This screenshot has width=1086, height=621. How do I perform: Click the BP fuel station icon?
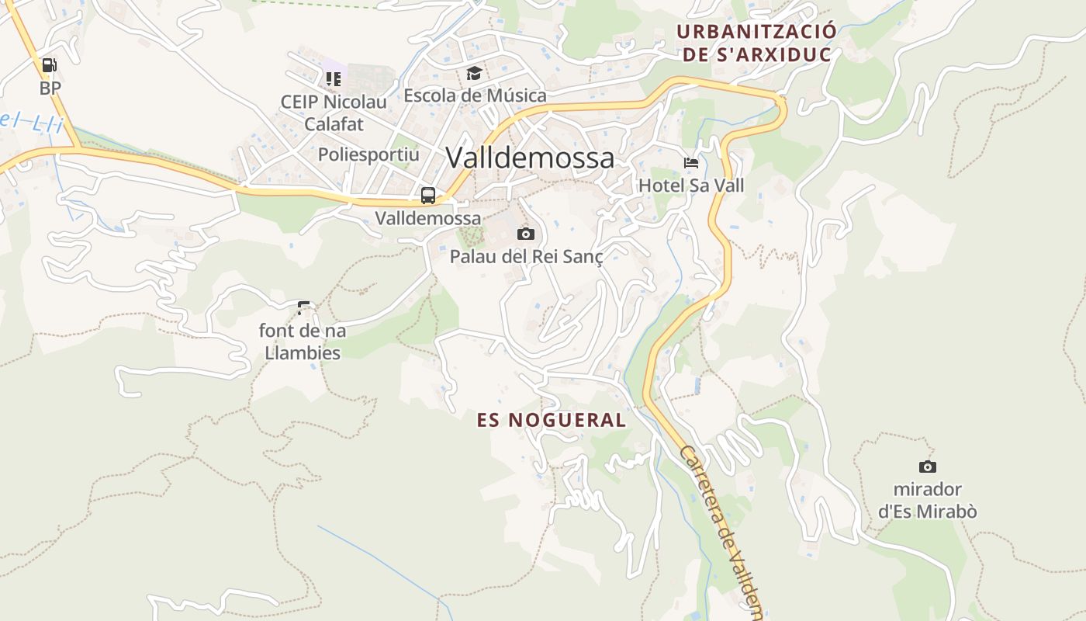(x=50, y=66)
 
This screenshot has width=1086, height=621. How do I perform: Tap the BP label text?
(x=50, y=88)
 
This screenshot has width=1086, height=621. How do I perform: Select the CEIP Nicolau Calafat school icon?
(x=334, y=78)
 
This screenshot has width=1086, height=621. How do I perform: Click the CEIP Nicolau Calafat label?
(x=334, y=113)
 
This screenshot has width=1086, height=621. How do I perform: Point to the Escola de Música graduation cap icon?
(x=474, y=74)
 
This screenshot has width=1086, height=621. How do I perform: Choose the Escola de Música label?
(x=475, y=95)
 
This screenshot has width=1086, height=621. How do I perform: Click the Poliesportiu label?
(x=368, y=154)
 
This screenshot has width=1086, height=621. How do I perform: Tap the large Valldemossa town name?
(x=530, y=158)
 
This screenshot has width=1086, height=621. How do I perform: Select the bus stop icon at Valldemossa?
(x=428, y=196)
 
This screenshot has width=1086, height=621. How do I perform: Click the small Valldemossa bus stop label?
(x=428, y=218)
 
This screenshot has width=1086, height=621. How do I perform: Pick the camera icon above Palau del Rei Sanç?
(x=526, y=234)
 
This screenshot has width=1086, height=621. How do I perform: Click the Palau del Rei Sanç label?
(x=526, y=256)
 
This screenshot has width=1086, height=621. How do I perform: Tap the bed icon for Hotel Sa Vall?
(x=691, y=163)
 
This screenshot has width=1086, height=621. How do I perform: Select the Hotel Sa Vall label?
(x=691, y=186)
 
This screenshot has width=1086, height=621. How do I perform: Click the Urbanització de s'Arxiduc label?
(x=756, y=43)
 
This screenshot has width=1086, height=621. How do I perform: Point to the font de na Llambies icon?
(x=303, y=308)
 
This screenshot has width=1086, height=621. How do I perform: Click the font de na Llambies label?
(x=303, y=342)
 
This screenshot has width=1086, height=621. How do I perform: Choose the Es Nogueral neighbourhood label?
(x=552, y=420)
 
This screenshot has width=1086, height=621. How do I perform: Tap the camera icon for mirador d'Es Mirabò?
(x=927, y=467)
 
